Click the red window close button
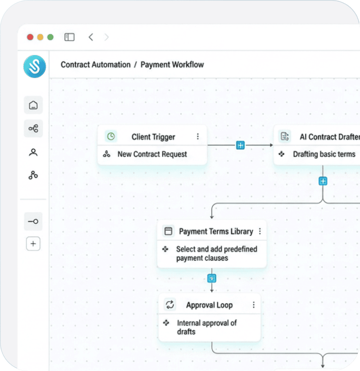(30, 37)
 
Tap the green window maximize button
(50, 37)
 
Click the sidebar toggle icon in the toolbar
(69, 37)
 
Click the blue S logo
(35, 67)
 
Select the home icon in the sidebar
(33, 105)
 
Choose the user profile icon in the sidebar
(33, 152)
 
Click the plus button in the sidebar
(33, 244)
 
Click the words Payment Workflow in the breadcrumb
(172, 64)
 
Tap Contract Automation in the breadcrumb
(95, 64)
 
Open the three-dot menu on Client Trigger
(198, 136)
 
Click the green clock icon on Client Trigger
(111, 136)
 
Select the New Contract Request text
(152, 154)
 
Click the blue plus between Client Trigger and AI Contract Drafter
(240, 145)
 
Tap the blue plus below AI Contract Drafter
(323, 181)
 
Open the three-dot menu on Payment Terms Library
(260, 231)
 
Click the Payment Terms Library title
(216, 231)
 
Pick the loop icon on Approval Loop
(170, 305)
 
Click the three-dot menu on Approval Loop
(253, 305)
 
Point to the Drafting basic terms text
(324, 154)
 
